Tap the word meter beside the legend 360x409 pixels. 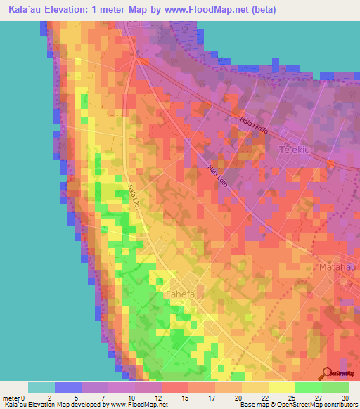point(12,397)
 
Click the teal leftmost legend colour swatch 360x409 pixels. point(41,387)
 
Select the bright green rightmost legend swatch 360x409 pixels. point(335,387)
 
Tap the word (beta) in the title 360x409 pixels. point(261,10)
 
